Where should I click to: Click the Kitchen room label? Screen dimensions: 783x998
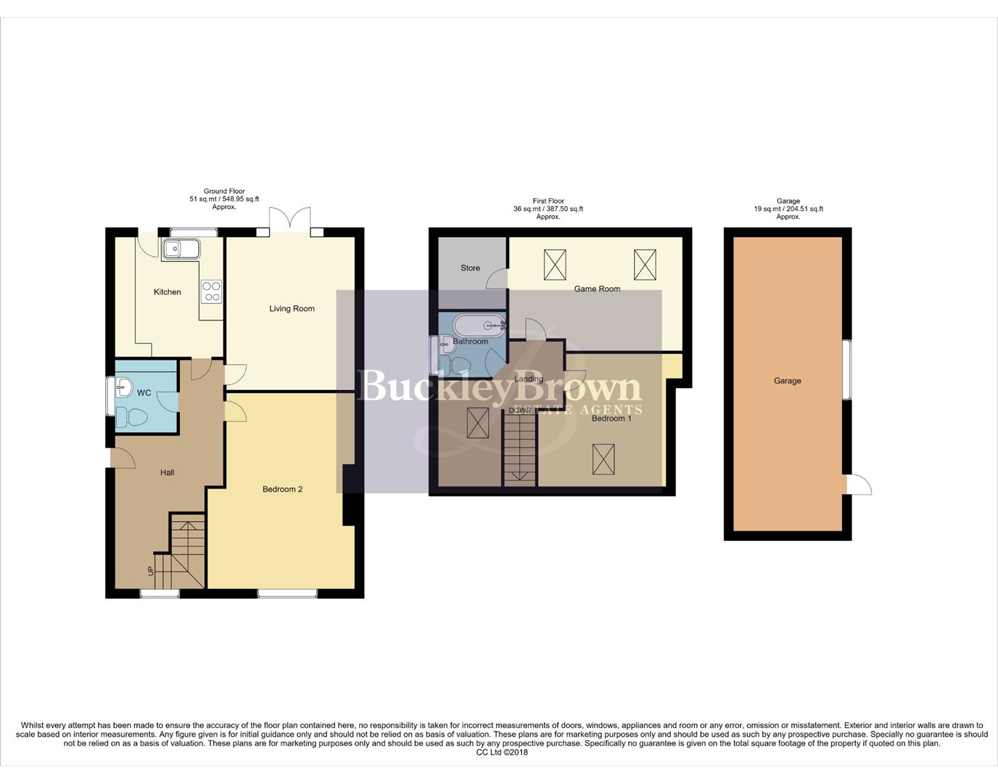(x=167, y=292)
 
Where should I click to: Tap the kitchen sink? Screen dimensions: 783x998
(x=181, y=249)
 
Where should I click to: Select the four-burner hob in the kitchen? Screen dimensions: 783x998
(x=212, y=291)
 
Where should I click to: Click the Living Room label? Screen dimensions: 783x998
(x=292, y=309)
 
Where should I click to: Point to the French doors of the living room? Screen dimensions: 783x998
(x=289, y=220)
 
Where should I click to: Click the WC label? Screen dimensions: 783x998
(x=144, y=393)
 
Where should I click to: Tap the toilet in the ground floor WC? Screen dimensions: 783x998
(x=131, y=417)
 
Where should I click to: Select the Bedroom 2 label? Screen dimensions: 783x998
(x=282, y=489)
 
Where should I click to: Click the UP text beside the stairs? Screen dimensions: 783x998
(x=151, y=571)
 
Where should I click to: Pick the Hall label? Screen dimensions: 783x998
(x=167, y=473)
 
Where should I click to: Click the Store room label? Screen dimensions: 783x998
(x=470, y=268)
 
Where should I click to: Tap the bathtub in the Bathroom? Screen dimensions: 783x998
(x=479, y=325)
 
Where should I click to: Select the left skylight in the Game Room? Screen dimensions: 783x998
(x=555, y=265)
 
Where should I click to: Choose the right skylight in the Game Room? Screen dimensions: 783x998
(x=645, y=265)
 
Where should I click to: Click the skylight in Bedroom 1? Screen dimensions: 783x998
(x=603, y=459)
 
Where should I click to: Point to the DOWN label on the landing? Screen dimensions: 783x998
(x=519, y=410)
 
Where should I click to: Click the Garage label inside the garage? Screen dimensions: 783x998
(x=787, y=381)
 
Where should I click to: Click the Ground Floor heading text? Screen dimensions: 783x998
(x=224, y=191)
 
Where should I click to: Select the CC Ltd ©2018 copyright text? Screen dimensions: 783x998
(x=502, y=753)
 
